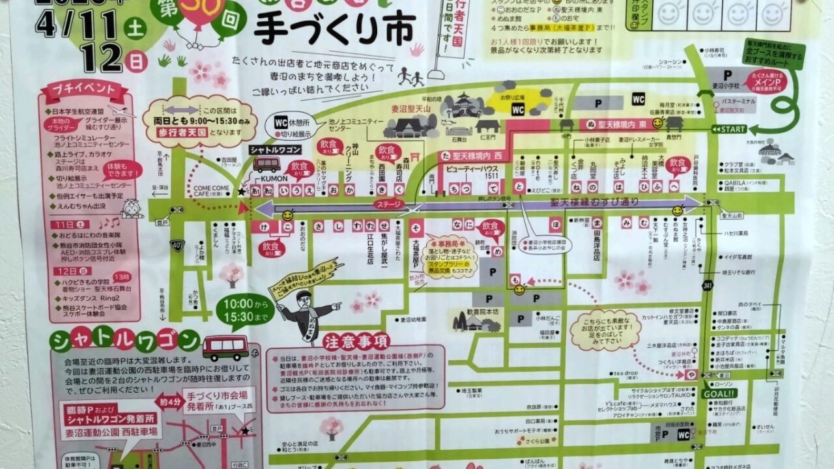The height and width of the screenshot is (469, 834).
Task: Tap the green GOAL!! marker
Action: coord(718,393)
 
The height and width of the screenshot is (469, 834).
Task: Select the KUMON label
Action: coord(266,178)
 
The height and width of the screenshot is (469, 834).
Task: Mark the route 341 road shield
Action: coord(708,285)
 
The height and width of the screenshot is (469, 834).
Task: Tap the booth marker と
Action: coord(519,186)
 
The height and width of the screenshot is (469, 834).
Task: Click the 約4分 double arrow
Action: coord(171,402)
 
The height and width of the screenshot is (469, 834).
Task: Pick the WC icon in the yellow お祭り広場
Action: coord(518,109)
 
